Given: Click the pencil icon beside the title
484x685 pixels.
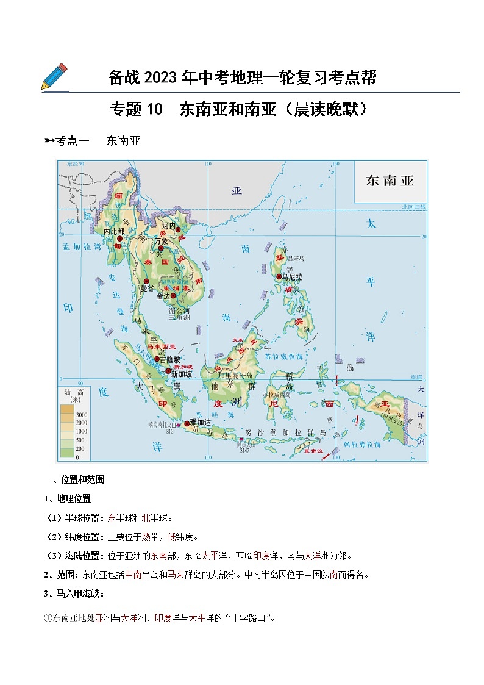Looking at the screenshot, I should pos(54,76).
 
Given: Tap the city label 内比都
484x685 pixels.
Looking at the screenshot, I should pos(113,232).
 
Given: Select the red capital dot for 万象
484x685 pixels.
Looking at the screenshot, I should pos(161,248).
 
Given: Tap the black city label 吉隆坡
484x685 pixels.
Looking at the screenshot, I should pos(170,360).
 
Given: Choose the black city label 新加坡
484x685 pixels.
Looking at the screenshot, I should pos(182,374).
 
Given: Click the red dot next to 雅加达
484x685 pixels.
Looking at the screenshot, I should pos(187,423).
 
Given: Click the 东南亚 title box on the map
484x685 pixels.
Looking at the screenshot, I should pos(390,181).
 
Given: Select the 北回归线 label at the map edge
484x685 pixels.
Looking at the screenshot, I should pos(414,207).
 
